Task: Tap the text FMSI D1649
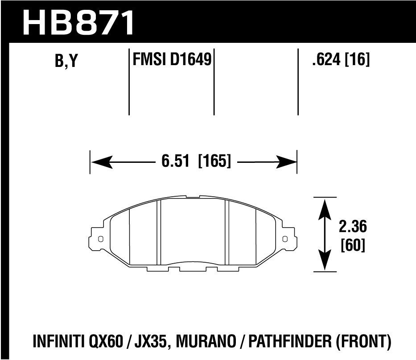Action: coord(172,60)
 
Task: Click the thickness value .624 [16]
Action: coord(341,60)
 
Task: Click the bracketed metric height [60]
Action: coord(352,246)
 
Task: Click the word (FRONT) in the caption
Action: coord(368,342)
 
